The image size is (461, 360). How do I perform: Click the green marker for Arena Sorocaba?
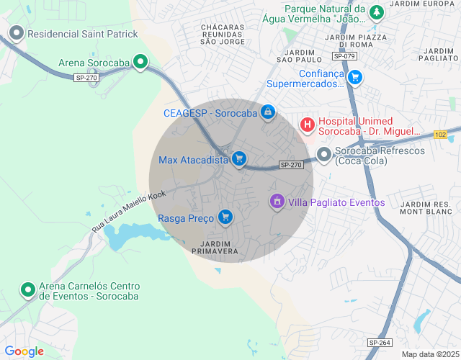point(140,63)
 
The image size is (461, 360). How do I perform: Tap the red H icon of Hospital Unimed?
point(308,125)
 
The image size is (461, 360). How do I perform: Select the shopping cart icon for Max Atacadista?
point(239,160)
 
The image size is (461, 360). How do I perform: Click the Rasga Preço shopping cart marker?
point(225,217)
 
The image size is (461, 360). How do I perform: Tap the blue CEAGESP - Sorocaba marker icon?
point(268,112)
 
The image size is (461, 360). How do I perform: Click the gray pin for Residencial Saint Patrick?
point(17,33)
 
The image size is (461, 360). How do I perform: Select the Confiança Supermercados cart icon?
point(354,77)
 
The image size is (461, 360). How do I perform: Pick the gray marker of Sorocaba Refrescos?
point(324,155)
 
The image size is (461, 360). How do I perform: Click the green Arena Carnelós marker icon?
point(28,289)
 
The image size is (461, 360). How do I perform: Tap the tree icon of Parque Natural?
point(376,12)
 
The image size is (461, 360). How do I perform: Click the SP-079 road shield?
point(344,56)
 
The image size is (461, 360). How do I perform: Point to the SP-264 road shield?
point(379,343)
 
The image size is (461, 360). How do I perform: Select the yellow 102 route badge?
point(441,135)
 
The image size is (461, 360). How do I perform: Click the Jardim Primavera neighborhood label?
point(215,248)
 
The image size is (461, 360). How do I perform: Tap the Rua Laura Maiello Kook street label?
point(129,210)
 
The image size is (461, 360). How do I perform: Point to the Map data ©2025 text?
point(429,354)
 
